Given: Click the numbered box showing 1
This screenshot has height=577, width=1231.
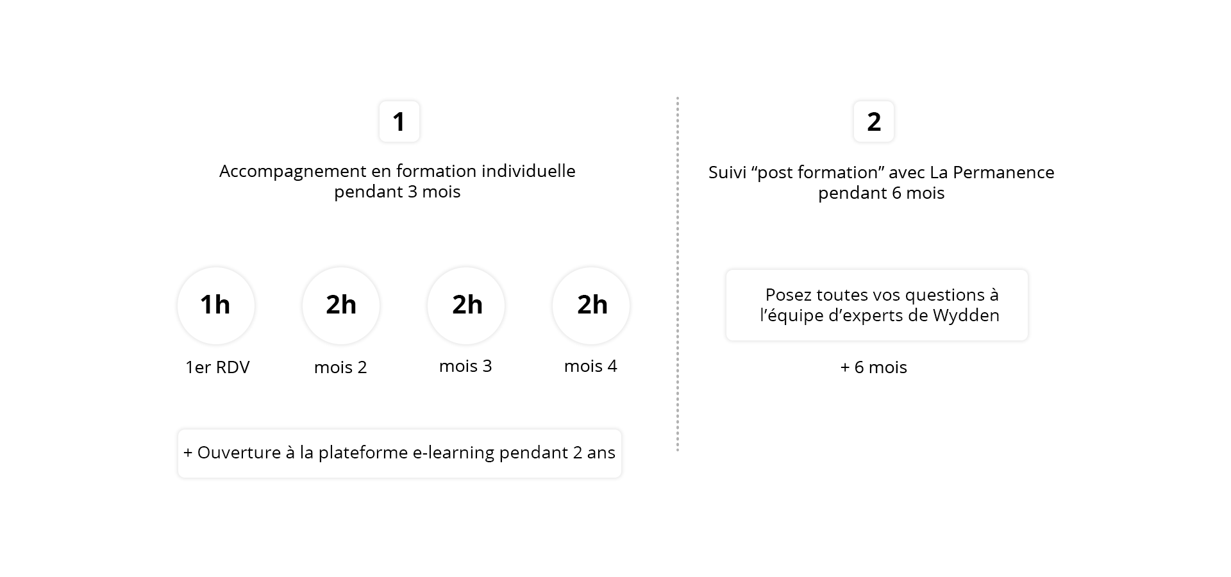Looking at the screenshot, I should (399, 122).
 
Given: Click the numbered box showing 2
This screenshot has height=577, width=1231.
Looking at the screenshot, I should (874, 122).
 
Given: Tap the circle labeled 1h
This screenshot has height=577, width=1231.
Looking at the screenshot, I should (216, 305).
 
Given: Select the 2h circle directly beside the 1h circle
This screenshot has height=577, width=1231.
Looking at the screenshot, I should (341, 305).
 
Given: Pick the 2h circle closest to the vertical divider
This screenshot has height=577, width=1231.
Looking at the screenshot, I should (592, 305).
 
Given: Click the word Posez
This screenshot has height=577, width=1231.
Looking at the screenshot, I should (787, 296).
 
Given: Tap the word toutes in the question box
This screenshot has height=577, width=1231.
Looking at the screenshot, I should (840, 296).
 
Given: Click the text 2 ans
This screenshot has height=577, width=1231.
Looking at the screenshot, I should (594, 453).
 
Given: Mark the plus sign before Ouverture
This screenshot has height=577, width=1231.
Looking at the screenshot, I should (188, 453).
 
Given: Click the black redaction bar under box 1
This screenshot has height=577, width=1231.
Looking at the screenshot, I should (399, 190).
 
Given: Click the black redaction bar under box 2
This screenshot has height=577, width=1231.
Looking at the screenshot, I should (882, 190).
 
